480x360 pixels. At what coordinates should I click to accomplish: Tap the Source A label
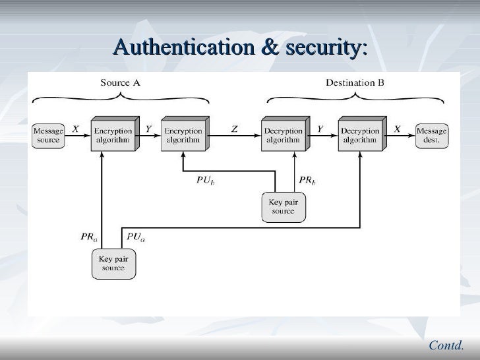[x=119, y=83]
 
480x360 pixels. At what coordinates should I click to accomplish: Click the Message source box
[x=48, y=136]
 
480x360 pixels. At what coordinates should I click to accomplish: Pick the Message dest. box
[x=432, y=136]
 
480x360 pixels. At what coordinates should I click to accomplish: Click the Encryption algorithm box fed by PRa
[x=113, y=136]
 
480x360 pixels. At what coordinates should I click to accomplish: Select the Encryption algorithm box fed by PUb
[x=183, y=136]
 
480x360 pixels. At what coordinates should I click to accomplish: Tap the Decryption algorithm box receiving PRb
[x=283, y=136]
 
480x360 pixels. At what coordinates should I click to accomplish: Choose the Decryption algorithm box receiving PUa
[x=359, y=136]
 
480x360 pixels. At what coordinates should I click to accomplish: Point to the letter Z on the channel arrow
[x=234, y=130]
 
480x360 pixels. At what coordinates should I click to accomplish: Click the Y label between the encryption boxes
[x=149, y=130]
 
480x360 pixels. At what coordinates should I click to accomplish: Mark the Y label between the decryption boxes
[x=320, y=130]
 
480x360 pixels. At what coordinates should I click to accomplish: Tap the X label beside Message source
[x=75, y=130]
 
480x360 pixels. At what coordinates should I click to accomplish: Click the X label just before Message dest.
[x=397, y=130]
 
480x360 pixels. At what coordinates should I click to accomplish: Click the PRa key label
[x=90, y=235]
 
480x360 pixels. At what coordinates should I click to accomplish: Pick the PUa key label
[x=136, y=237]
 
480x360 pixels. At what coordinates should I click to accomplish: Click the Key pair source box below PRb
[x=284, y=206]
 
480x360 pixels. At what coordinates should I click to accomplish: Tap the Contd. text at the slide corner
[x=446, y=344]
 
